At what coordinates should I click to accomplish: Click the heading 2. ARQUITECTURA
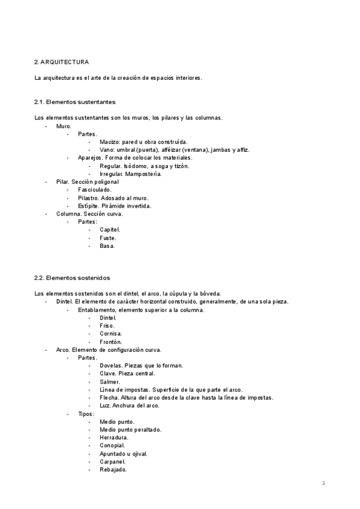(x=62, y=62)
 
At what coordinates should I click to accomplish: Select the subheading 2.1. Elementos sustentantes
(x=75, y=102)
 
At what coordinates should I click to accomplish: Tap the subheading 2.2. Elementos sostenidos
(x=73, y=277)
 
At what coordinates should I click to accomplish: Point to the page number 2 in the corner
(x=323, y=483)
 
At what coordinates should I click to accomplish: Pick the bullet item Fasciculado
(x=95, y=190)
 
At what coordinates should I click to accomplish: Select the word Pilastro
(x=88, y=197)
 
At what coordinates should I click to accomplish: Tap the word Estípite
(x=88, y=206)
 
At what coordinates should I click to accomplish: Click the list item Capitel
(x=110, y=230)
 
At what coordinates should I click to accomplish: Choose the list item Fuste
(x=109, y=238)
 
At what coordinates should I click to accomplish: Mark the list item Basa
(x=107, y=245)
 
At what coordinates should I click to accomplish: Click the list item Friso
(x=107, y=325)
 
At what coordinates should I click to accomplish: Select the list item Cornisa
(x=111, y=333)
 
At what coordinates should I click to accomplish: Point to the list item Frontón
(x=111, y=342)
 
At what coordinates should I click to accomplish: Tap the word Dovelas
(x=111, y=366)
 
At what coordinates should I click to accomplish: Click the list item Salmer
(x=110, y=382)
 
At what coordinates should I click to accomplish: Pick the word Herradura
(x=114, y=438)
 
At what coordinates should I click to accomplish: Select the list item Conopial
(x=113, y=445)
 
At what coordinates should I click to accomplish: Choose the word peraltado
(x=148, y=430)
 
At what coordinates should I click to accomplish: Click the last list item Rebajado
(x=113, y=470)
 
